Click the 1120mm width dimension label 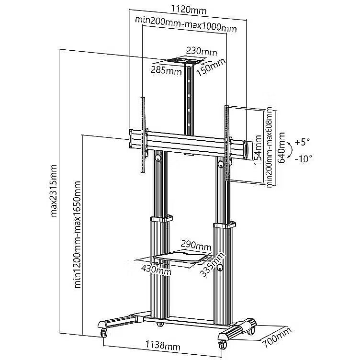[187, 9]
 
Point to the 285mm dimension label [167, 71]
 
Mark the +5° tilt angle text [302, 142]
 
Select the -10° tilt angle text [303, 158]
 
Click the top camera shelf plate [184, 61]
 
